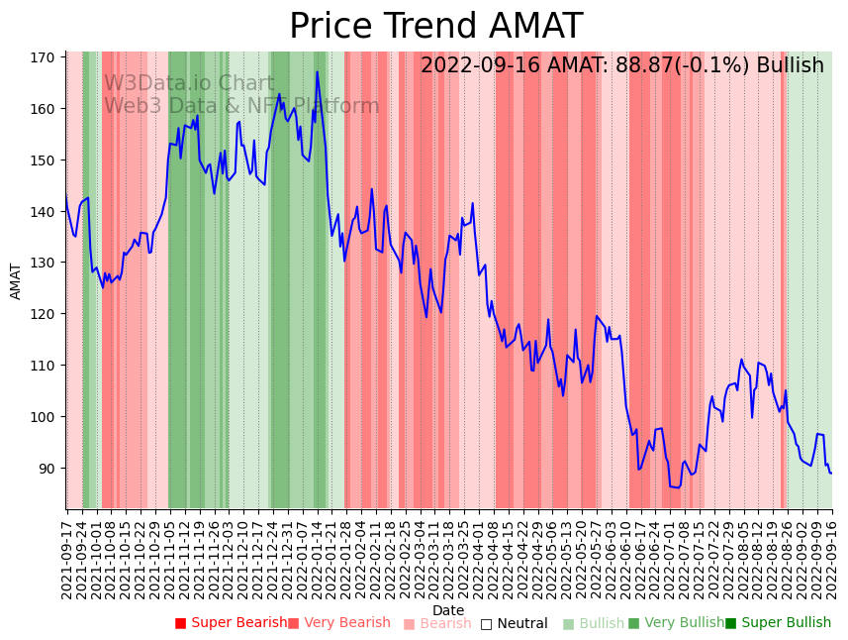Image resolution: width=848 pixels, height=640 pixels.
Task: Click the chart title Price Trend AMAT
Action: tap(435, 27)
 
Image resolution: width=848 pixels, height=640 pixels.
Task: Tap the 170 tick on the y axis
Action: tap(43, 57)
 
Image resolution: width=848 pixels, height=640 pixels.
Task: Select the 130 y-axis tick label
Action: tap(43, 263)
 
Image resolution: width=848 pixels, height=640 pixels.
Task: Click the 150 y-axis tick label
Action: tap(43, 160)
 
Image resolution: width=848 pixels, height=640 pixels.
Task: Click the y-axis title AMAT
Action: tap(16, 281)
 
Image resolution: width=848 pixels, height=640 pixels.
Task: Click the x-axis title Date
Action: tap(448, 610)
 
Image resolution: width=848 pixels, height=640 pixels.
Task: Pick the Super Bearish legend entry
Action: tap(231, 623)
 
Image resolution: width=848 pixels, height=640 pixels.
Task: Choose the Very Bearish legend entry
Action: tap(338, 623)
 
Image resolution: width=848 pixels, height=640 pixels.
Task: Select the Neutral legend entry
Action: tap(514, 623)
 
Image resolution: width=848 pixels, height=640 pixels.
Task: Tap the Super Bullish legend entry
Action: tap(778, 623)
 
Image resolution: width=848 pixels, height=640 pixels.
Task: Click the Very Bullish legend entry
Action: tap(676, 623)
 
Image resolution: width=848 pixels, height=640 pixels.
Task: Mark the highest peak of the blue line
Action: tap(318, 71)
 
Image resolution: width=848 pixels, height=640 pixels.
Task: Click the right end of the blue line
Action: tap(831, 473)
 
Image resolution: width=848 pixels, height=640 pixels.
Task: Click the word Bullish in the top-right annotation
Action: tap(790, 66)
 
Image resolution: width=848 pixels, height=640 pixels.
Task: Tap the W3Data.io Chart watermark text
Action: tap(189, 84)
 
